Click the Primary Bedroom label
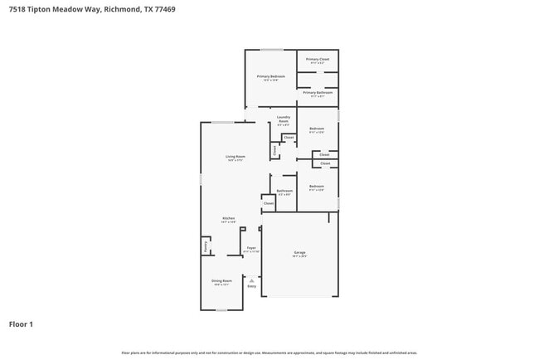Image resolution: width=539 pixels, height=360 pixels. click(x=270, y=76)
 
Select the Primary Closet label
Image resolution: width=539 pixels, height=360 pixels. click(x=318, y=60)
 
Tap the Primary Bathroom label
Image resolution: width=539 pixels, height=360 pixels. click(x=318, y=93)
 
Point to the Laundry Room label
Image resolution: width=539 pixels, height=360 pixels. click(x=284, y=119)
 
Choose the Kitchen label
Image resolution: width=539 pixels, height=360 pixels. click(x=229, y=219)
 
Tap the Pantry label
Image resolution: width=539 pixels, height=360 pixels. click(x=206, y=246)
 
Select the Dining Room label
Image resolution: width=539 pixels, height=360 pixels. click(x=221, y=281)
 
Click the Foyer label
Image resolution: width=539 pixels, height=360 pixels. click(x=251, y=249)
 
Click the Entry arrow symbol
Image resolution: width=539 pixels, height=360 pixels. click(x=251, y=280)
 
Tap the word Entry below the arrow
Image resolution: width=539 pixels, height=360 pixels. click(x=251, y=287)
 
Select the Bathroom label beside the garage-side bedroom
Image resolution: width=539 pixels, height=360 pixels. click(x=284, y=191)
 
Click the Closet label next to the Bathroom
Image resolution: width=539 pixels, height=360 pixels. click(x=269, y=202)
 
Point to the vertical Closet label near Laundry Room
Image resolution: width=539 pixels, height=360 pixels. click(x=274, y=150)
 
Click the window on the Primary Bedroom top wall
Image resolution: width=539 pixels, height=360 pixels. click(x=271, y=50)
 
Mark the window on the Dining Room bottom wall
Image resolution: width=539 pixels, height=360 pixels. click(x=221, y=310)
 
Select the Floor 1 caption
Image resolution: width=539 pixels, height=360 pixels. click(x=21, y=324)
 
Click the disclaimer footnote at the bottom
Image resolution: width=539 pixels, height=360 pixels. click(x=269, y=353)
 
